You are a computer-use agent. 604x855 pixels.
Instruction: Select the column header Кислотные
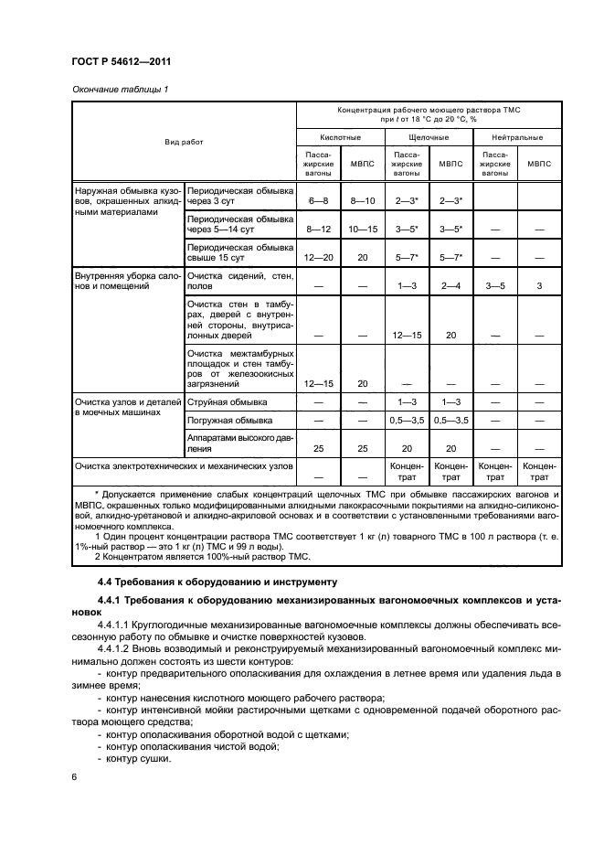(340, 137)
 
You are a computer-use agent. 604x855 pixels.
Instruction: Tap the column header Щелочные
(429, 137)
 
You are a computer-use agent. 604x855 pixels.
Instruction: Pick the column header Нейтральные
(517, 137)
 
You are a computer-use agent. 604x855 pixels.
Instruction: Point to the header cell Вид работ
(184, 143)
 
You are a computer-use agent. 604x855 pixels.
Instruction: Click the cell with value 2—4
(450, 286)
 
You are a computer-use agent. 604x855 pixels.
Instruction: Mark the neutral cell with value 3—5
(494, 286)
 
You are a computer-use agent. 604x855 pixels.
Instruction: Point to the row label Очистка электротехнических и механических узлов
(184, 465)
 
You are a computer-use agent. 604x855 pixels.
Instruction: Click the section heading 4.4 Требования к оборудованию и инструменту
(205, 581)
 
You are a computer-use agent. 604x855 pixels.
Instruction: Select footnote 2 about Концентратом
(203, 556)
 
